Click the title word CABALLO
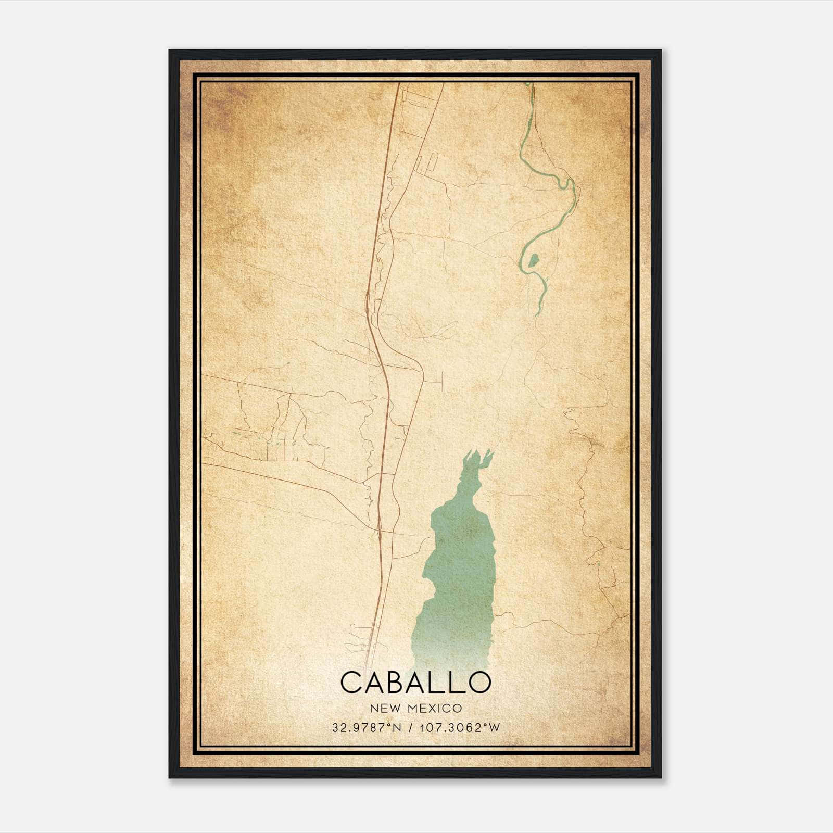click(415, 682)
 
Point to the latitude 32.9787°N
click(367, 728)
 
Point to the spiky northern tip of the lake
click(479, 458)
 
